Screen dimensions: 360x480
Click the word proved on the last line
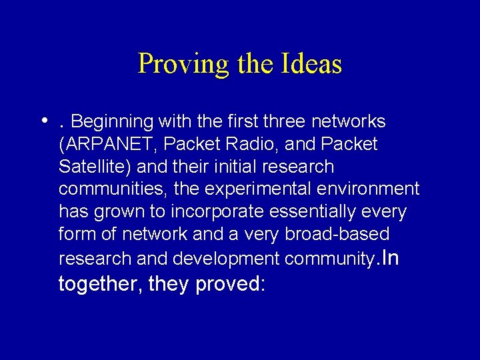tap(231, 284)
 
